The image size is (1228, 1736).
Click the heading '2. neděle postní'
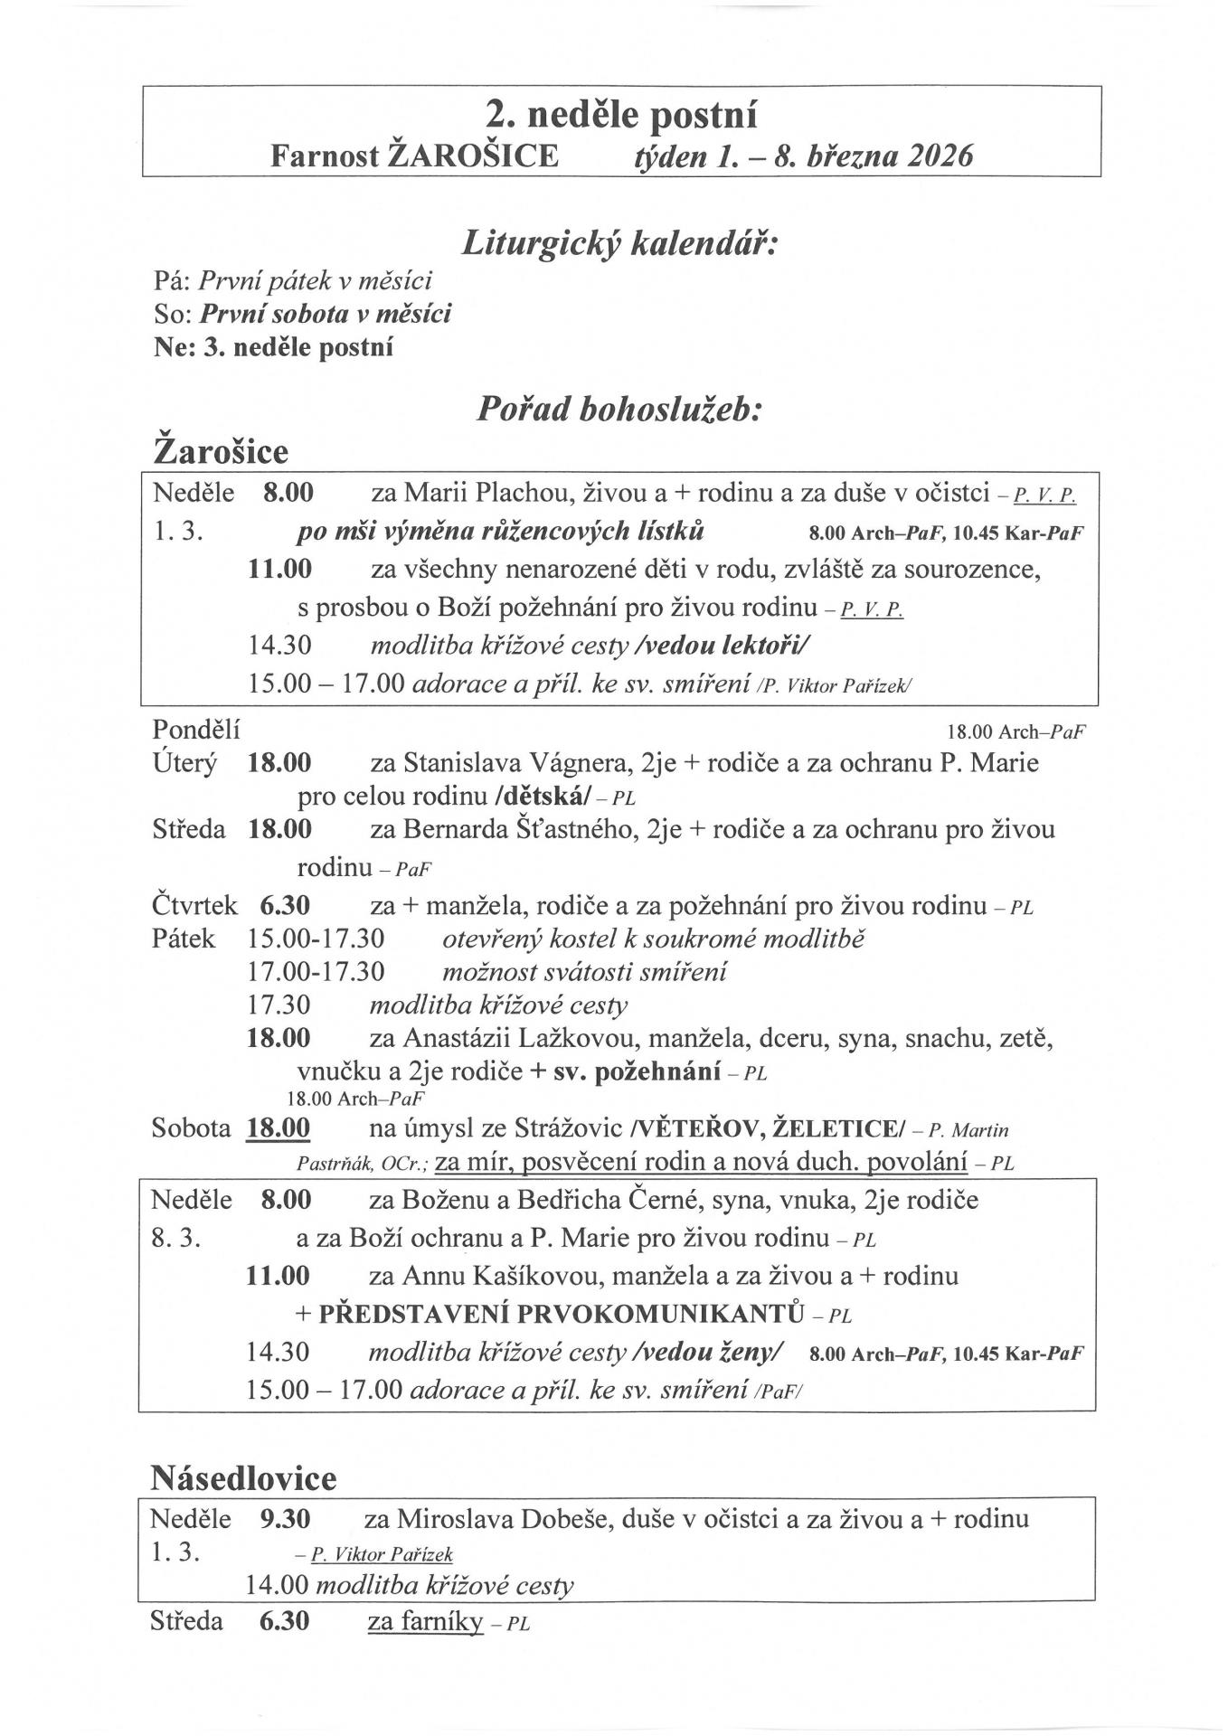point(621,116)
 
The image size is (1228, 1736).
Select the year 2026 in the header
point(940,156)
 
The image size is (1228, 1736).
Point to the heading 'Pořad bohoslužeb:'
point(620,410)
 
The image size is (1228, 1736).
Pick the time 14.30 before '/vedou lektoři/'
point(280,646)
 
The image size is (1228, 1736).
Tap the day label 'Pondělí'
point(196,729)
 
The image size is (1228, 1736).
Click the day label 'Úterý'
point(184,763)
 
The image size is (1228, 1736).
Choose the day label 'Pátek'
point(184,939)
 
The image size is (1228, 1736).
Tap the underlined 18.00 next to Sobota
point(279,1128)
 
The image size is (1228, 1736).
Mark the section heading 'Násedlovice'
point(242,1477)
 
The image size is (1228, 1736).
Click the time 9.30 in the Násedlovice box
point(285,1519)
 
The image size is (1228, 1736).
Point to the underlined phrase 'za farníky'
point(424,1622)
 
